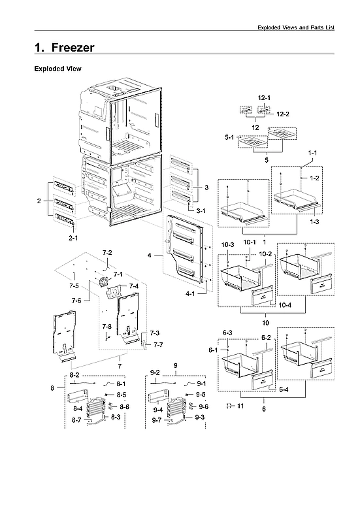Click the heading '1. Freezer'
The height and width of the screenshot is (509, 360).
click(64, 48)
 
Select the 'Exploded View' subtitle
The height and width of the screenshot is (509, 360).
click(57, 69)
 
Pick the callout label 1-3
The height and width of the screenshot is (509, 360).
click(316, 222)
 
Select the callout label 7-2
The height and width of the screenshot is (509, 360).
click(107, 252)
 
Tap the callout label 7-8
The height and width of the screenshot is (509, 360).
click(106, 326)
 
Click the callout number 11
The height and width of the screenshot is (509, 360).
click(240, 406)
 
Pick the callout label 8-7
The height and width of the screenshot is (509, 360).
click(76, 419)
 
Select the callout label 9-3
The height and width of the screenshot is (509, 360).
click(200, 416)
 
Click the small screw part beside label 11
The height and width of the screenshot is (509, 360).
click(229, 406)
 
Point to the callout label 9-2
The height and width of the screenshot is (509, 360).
click(155, 372)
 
